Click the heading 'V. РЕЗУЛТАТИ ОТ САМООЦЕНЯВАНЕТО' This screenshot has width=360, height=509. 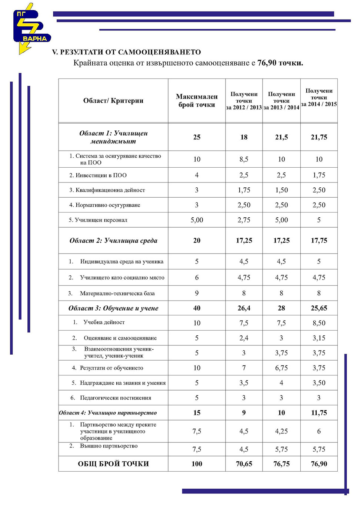126,52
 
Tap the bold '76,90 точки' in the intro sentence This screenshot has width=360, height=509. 280,63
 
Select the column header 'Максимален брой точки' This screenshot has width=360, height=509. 197,101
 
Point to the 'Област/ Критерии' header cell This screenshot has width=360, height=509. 113,101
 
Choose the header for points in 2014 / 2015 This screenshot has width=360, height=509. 319,97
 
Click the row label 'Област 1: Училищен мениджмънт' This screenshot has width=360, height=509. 113,137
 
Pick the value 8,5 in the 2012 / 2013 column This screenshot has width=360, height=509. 244,159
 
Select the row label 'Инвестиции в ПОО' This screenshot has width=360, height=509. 101,175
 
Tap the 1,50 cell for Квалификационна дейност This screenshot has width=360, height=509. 281,190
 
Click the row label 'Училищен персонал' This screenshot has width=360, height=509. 101,220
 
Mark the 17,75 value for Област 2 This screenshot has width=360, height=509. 319,241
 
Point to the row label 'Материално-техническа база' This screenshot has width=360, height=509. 117,293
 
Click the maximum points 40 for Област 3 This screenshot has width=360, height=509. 197,308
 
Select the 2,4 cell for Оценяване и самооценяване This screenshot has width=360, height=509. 244,338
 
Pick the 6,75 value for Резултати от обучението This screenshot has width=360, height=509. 281,368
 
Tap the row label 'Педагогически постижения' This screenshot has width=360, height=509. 115,398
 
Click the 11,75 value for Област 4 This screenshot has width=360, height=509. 319,413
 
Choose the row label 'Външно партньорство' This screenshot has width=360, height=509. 109,446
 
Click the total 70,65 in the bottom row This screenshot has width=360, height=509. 244,464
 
